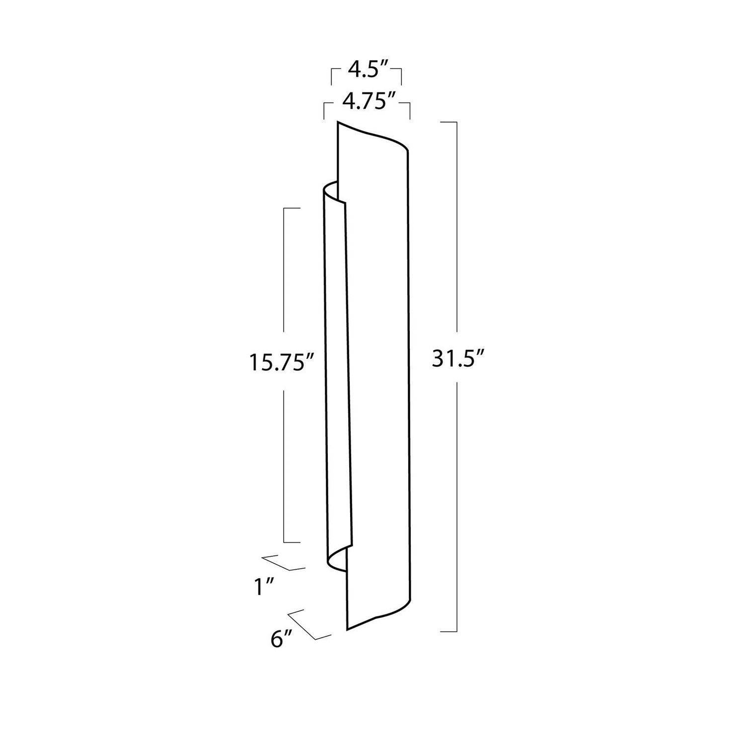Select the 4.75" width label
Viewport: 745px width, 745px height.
pos(367,103)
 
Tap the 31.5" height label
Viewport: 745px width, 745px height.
pos(457,359)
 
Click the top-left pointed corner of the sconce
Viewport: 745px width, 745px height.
pos(338,122)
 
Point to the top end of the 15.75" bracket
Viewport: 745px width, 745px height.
pos(292,208)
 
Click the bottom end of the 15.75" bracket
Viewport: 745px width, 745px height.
pos(292,542)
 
